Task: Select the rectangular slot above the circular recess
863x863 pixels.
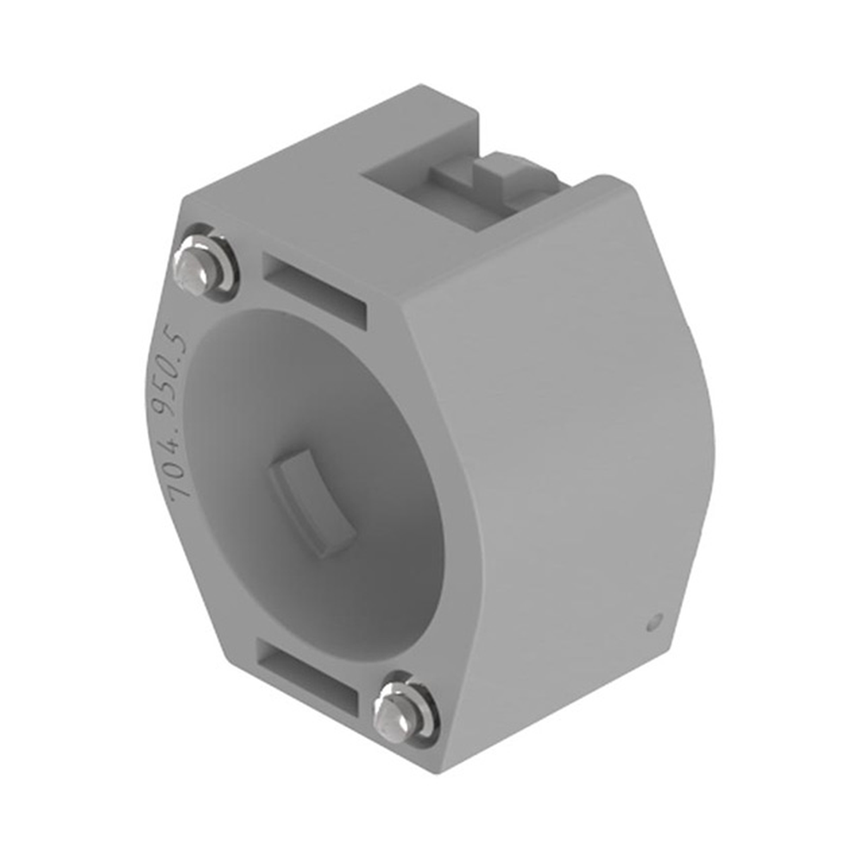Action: [314, 291]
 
